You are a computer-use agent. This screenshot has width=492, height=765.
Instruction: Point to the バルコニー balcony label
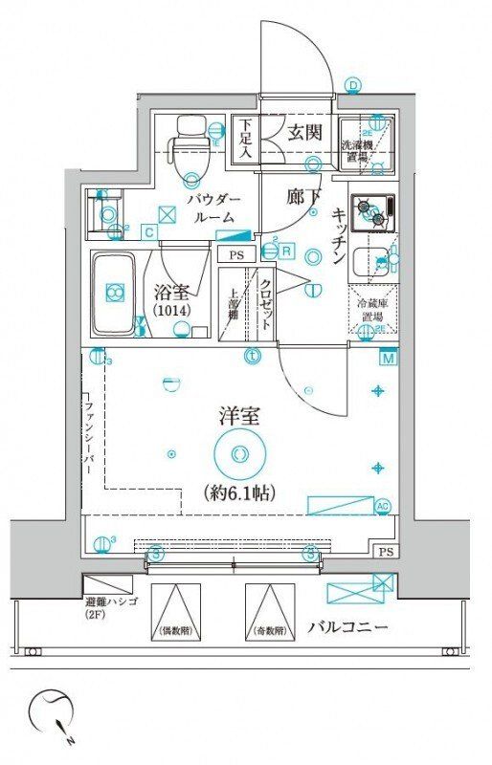click(x=347, y=628)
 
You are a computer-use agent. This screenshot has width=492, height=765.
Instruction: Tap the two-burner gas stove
click(x=372, y=212)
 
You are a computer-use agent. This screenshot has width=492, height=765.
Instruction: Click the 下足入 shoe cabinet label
click(x=246, y=137)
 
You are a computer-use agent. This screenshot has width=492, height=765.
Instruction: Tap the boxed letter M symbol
click(x=388, y=359)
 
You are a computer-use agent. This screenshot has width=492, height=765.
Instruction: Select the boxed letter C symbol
click(x=149, y=230)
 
